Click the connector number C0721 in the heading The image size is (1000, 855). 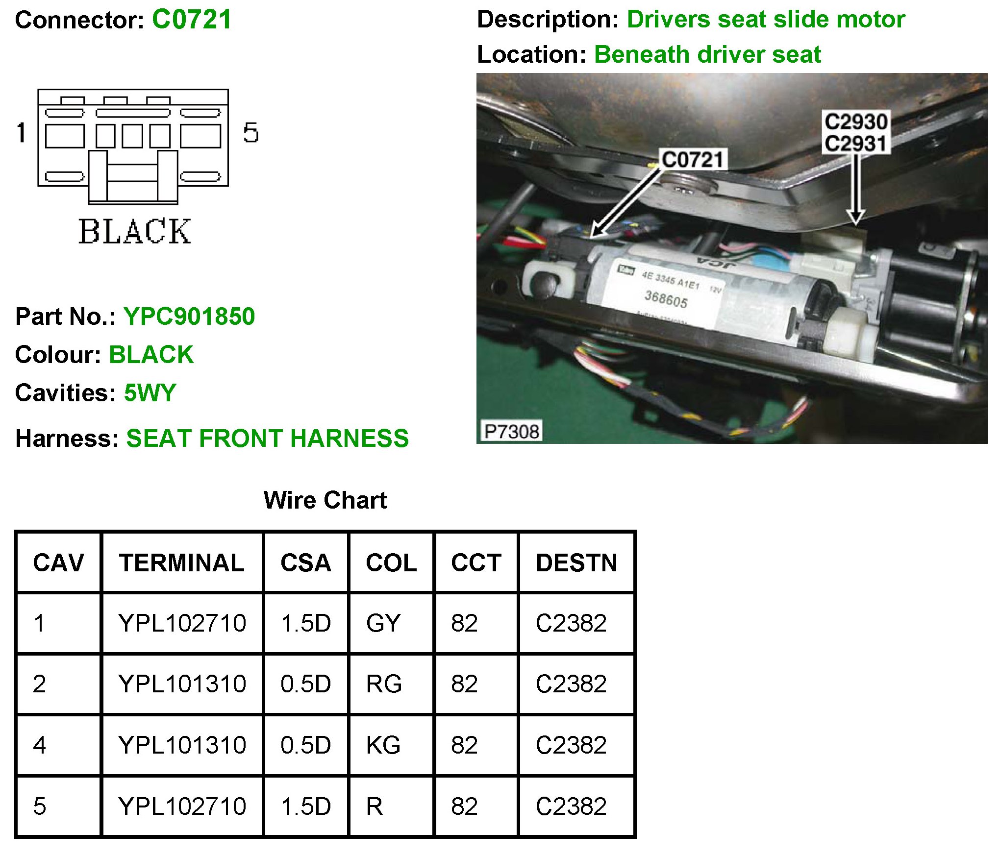[191, 20]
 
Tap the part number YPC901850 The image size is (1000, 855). [189, 317]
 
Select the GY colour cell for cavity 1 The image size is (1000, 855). [383, 623]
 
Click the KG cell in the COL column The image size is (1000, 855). [383, 745]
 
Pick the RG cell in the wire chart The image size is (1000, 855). [384, 684]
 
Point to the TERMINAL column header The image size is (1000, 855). [182, 562]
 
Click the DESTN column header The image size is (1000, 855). [576, 562]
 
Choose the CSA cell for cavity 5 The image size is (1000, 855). [306, 806]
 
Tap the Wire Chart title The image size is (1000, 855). [325, 500]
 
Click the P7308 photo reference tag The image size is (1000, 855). [511, 432]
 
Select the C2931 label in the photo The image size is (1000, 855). [855, 144]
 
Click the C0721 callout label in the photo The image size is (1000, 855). [692, 160]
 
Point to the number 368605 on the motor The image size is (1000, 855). [666, 298]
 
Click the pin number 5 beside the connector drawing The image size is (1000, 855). [250, 133]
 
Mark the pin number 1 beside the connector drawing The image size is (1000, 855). [21, 133]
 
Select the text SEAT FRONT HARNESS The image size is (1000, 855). [267, 438]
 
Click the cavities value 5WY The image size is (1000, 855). [150, 393]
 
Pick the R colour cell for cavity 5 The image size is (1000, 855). [375, 806]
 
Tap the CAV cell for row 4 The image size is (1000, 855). [40, 745]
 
